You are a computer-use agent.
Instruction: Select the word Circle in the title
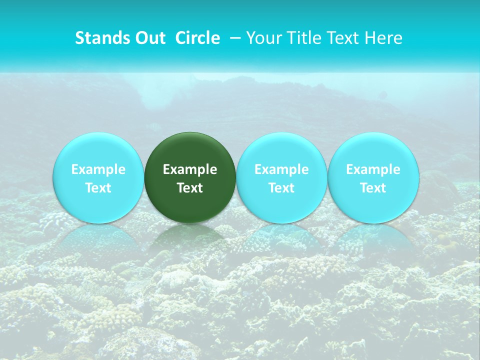coord(197,38)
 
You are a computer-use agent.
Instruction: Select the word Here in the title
coord(384,38)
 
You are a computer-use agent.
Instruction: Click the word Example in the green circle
coord(190,169)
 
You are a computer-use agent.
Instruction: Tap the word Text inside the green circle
coord(190,188)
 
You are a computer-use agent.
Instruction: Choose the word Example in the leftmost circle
coord(98,169)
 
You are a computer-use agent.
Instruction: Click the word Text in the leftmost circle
coord(98,188)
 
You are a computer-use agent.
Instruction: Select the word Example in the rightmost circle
coord(373,169)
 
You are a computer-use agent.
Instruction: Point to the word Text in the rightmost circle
coord(373,188)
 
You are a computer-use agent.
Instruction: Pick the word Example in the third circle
coord(281,169)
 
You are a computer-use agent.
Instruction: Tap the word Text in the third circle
coord(281,188)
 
